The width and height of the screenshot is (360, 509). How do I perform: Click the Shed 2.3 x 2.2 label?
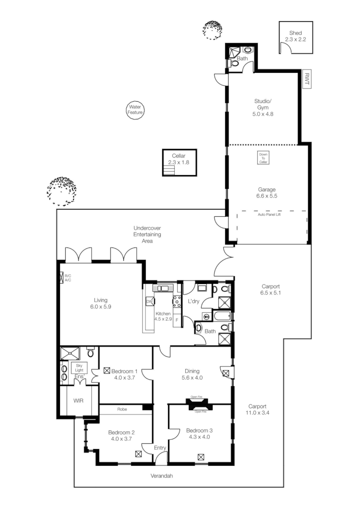tap(296, 36)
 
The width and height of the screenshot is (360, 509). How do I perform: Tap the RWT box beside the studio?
tap(306, 79)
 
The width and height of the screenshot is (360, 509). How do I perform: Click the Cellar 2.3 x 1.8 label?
tap(179, 159)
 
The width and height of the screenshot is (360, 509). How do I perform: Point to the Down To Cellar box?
tap(264, 158)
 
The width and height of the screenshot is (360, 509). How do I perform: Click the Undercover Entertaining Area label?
tap(147, 235)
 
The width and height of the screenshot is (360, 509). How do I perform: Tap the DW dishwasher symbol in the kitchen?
tap(149, 301)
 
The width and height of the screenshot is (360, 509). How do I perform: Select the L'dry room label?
tap(193, 301)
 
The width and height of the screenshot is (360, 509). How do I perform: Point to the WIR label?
tap(78, 400)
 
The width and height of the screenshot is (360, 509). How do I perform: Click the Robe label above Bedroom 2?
tap(122, 410)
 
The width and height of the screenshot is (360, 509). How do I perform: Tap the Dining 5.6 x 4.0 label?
tap(192, 374)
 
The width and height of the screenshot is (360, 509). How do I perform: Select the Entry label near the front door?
tap(159, 448)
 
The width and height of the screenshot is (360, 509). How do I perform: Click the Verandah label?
tap(162, 476)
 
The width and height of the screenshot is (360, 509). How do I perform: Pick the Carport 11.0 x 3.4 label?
tap(257, 409)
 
